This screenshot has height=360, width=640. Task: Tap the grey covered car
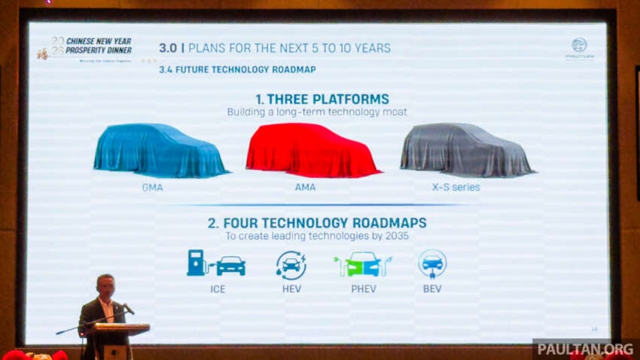pos(466,150)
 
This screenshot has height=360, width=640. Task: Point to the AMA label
pos(305,187)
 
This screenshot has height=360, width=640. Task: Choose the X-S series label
pos(456,187)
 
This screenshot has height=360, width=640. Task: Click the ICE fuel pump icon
pos(197,263)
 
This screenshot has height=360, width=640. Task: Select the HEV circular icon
pos(291,265)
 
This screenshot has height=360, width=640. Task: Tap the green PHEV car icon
pos(363,264)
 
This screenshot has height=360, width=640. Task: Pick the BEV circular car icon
pos(432,264)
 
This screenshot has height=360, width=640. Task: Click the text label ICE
pos(218,288)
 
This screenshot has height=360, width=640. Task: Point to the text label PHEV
pos(363,288)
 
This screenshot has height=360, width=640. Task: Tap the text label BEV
pos(432,288)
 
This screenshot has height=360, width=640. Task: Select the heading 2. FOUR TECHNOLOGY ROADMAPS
pos(316,223)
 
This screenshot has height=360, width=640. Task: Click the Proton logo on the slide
pos(578,45)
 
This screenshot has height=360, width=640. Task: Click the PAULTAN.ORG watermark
pos(585,349)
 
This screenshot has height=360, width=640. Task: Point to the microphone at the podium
pos(128,309)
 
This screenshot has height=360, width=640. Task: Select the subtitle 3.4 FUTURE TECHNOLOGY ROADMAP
pos(237,69)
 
